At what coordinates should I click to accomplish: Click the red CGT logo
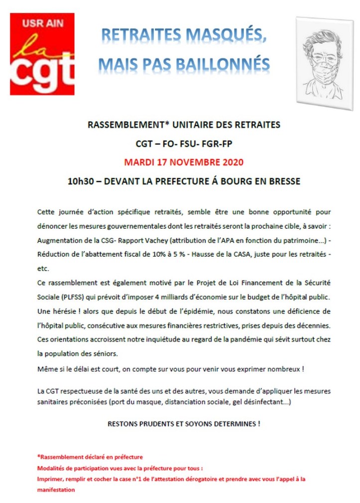click(42, 54)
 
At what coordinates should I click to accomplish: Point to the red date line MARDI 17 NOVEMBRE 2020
click(184, 163)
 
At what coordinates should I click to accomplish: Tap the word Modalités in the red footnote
click(51, 468)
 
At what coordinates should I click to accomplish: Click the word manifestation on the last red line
click(56, 490)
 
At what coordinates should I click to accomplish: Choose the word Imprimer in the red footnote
click(51, 479)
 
